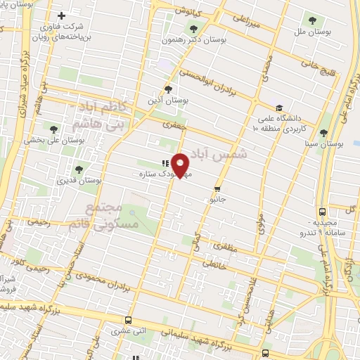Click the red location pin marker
(181, 165)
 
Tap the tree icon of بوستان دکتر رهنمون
(193, 29)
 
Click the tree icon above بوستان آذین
(167, 89)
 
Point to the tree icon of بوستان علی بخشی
(53, 128)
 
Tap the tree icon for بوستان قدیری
(79, 169)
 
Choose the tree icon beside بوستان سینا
(323, 132)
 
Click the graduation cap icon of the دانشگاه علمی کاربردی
(279, 109)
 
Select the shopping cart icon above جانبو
(217, 188)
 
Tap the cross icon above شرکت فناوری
(61, 15)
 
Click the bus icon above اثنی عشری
(128, 319)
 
